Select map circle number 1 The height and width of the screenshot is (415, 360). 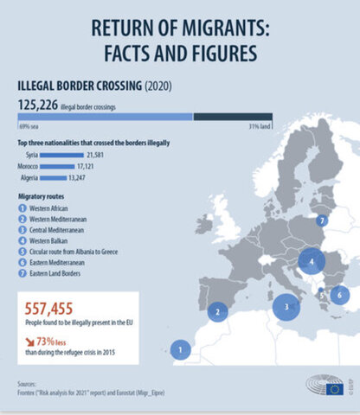pos(180,350)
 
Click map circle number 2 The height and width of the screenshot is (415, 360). pos(220,312)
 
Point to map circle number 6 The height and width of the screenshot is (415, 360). pos(340,295)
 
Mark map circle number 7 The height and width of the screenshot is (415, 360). pos(321,220)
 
